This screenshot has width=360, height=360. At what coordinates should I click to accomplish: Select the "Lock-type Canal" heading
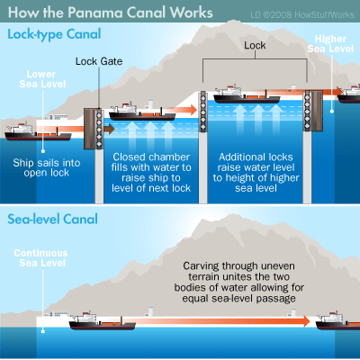pos(53,34)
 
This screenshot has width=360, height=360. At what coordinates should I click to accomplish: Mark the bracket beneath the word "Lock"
pos(256,61)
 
